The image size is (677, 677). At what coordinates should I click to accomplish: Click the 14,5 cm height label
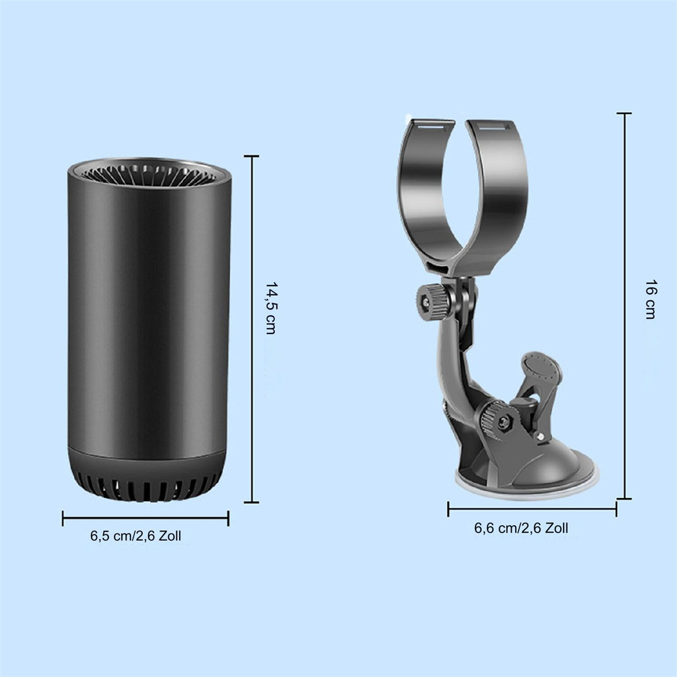point(271,308)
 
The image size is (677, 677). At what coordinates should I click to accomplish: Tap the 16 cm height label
point(650,300)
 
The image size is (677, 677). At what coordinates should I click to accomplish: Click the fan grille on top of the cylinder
point(150,174)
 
